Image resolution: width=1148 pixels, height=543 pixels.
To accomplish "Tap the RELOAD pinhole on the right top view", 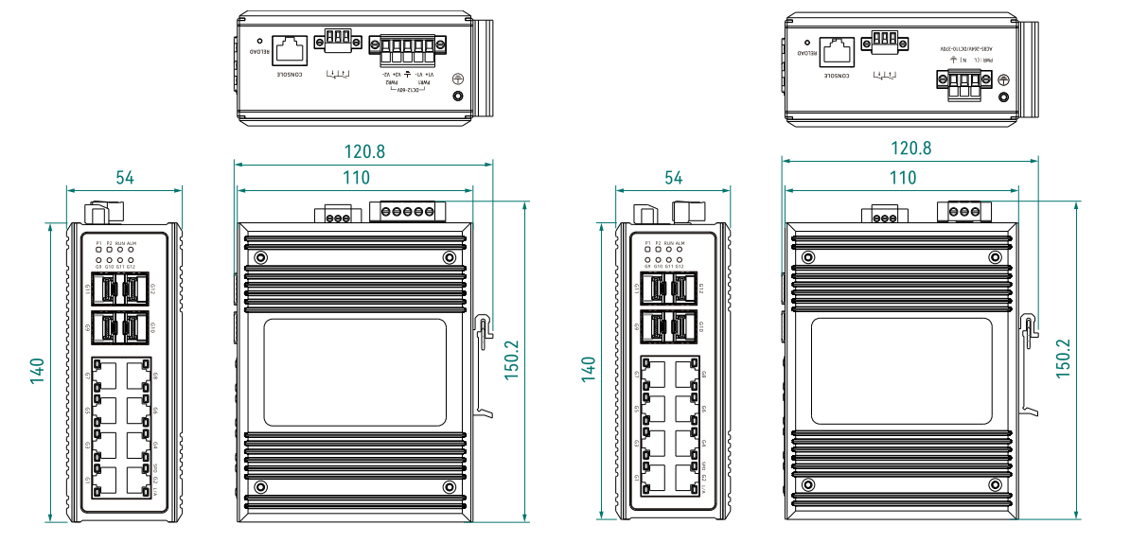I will pyautogui.click(x=806, y=42).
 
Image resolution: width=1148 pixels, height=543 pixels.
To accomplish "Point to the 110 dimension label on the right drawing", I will pyautogui.click(x=903, y=177).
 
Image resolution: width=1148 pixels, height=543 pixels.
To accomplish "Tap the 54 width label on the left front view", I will pyautogui.click(x=124, y=177).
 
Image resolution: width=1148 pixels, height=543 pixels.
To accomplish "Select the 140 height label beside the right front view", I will pyautogui.click(x=589, y=370).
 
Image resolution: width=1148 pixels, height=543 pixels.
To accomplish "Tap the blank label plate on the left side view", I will pyautogui.click(x=354, y=371).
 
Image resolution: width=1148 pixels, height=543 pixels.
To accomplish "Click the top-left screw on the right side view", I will pyautogui.click(x=807, y=257).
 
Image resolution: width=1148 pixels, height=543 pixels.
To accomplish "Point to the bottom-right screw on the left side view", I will pyautogui.click(x=450, y=487).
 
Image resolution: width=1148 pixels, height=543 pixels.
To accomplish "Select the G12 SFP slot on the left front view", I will pyautogui.click(x=138, y=287).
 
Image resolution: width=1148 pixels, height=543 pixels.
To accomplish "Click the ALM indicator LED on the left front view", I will pyautogui.click(x=132, y=250).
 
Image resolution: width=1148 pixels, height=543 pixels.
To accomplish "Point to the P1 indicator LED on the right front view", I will pyautogui.click(x=647, y=250).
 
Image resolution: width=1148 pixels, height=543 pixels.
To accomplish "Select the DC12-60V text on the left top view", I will pyautogui.click(x=409, y=91).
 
